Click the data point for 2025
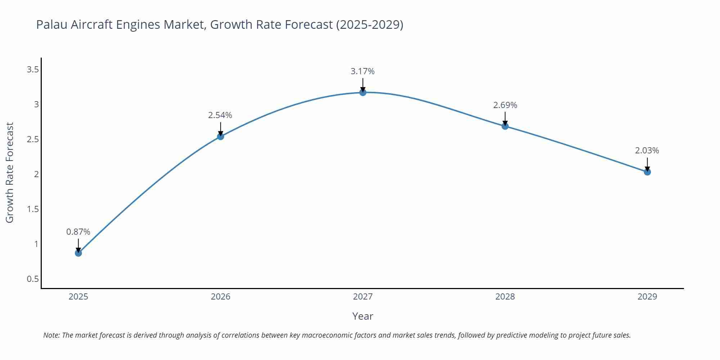(x=78, y=253)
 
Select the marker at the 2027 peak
(x=363, y=93)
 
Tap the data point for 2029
(x=647, y=172)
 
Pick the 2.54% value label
(x=220, y=115)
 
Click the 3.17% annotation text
(x=363, y=71)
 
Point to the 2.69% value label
(x=505, y=105)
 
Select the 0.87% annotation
(x=78, y=232)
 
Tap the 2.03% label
(x=647, y=150)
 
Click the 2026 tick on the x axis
(x=220, y=297)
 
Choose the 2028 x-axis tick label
(x=505, y=297)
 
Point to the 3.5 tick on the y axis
(x=33, y=69)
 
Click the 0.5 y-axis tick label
(x=33, y=279)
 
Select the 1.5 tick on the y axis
(x=33, y=209)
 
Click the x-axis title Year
(x=363, y=316)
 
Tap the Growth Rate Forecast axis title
(x=10, y=173)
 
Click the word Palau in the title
(x=52, y=24)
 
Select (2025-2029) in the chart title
(x=369, y=24)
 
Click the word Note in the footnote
(x=51, y=335)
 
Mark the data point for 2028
(x=505, y=126)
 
